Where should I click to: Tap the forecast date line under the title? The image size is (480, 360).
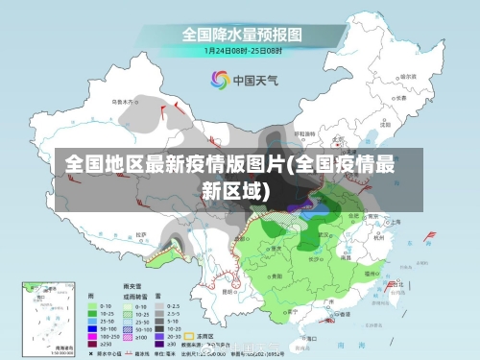pos(240,50)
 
